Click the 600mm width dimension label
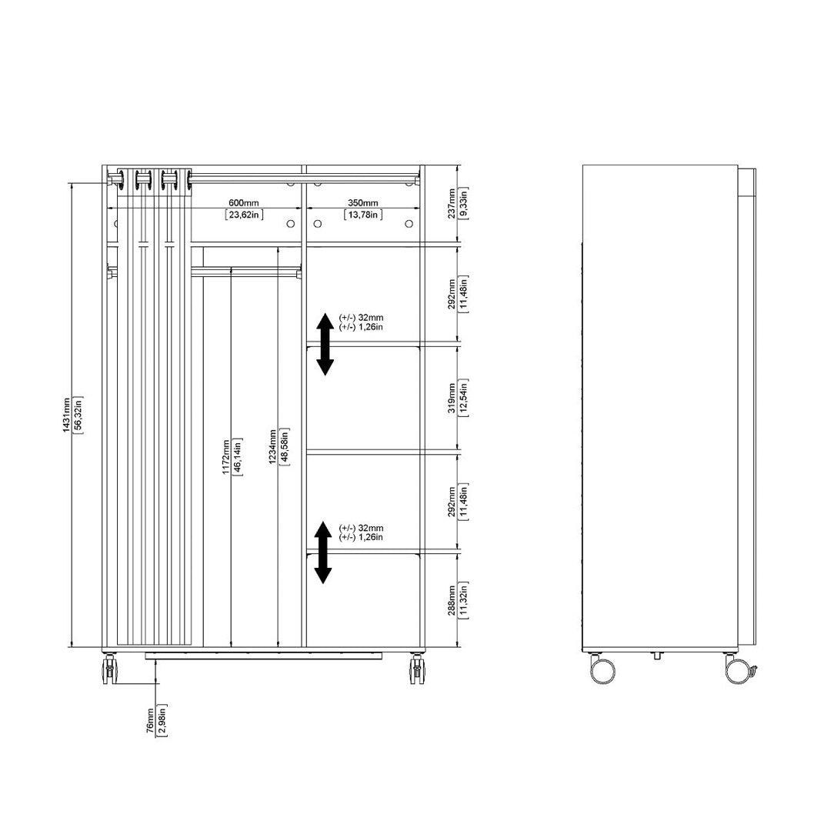point(243,203)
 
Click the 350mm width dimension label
point(362,203)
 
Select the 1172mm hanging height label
point(226,457)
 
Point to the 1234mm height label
point(272,446)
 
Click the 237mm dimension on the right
point(452,204)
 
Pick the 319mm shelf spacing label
point(452,397)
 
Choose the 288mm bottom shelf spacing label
point(452,599)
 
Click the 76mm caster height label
point(150,720)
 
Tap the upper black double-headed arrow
point(325,345)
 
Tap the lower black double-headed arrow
point(323,552)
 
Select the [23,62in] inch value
point(243,215)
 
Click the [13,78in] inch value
point(362,215)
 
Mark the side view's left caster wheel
point(602,669)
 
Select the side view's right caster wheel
point(738,669)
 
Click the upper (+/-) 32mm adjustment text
point(361,317)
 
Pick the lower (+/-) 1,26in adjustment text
point(361,537)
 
